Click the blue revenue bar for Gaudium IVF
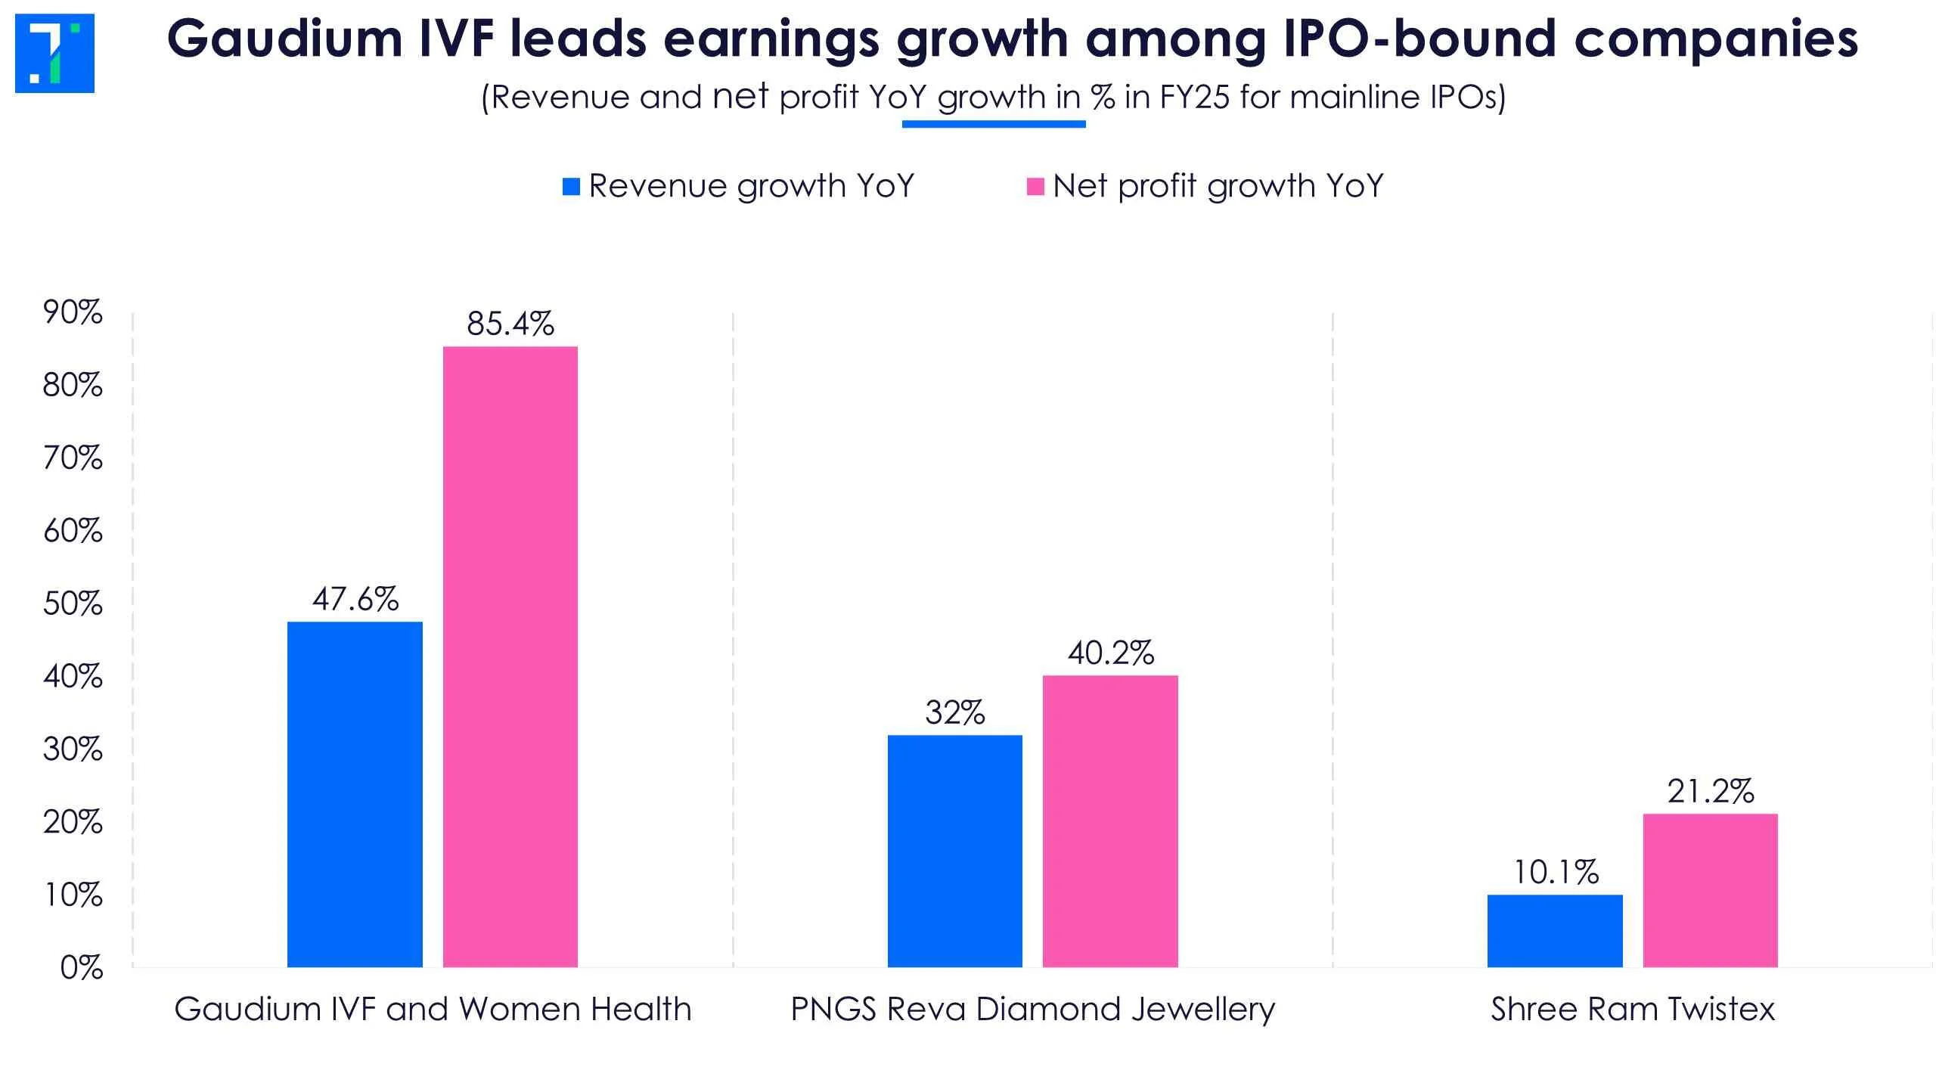[x=355, y=794]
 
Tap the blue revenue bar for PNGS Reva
[x=954, y=851]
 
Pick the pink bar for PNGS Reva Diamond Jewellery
[x=1110, y=821]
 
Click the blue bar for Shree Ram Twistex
[x=1555, y=931]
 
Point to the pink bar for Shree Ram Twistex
[x=1711, y=890]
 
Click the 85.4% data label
[x=510, y=324]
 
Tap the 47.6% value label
[x=355, y=599]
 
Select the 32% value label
[x=954, y=712]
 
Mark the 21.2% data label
[x=1711, y=791]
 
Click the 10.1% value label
[x=1555, y=873]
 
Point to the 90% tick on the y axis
[x=73, y=312]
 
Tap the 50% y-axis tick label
[x=73, y=603]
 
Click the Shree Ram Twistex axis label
[x=1632, y=1010]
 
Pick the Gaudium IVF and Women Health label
[x=433, y=1010]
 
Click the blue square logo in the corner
[x=54, y=53]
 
